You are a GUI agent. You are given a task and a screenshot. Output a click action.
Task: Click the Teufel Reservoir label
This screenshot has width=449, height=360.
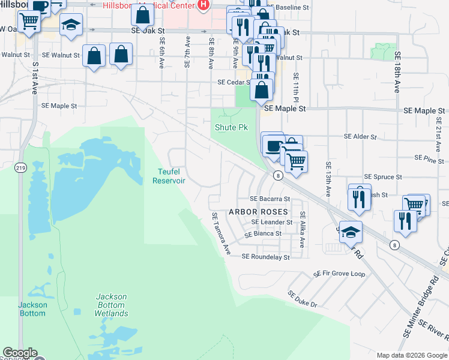[x=168, y=176]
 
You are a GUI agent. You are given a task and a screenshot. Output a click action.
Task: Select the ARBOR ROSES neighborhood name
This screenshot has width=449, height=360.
[x=258, y=212]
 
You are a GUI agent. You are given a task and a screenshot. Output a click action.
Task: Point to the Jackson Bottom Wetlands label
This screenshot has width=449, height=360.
[x=111, y=305]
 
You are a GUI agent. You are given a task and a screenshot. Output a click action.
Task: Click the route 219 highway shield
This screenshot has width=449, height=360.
[x=21, y=167]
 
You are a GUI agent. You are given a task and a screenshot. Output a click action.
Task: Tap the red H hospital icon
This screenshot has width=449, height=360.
[x=203, y=5]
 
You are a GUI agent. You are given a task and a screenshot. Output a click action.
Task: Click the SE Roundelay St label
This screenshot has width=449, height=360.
[x=265, y=257]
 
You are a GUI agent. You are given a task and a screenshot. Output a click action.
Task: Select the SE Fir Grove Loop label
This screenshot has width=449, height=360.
[x=339, y=274]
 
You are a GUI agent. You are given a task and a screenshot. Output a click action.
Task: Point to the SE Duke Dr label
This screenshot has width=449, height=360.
[x=302, y=299]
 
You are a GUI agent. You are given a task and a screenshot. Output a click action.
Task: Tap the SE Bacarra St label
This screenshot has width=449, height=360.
[x=270, y=199]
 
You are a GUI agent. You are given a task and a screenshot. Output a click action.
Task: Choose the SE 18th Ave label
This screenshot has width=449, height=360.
[x=397, y=71]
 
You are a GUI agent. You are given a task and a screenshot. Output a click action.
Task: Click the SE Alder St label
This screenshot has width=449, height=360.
[x=360, y=137]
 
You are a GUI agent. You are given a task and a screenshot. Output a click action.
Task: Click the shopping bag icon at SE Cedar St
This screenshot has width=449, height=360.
[x=261, y=90]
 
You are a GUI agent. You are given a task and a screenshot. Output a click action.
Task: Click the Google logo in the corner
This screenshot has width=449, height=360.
[x=20, y=353]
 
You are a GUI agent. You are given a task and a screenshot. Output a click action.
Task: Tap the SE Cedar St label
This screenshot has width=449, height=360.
[x=232, y=82]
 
